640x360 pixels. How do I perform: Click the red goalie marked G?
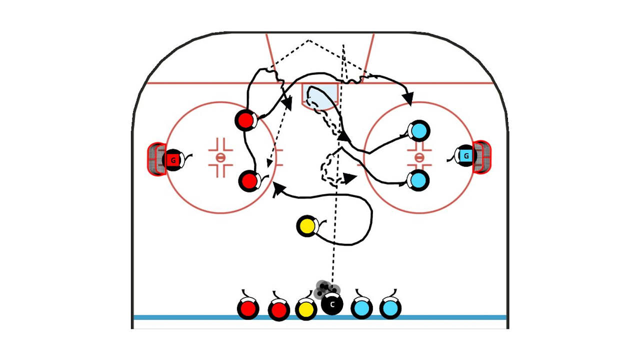click(172, 160)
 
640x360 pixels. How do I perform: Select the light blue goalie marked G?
click(466, 156)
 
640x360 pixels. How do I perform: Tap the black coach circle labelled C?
click(332, 303)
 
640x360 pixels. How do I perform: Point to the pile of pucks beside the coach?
click(327, 288)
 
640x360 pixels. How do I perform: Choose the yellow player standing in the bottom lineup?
click(305, 309)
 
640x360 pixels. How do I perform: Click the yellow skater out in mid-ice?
click(306, 226)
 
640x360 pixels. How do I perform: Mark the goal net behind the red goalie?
click(156, 159)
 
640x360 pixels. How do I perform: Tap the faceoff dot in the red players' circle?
click(220, 157)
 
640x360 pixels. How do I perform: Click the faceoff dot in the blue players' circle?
click(419, 157)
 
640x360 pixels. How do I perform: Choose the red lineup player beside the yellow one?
click(279, 310)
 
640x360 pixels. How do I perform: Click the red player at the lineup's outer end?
click(248, 309)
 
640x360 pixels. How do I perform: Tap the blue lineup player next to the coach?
click(361, 308)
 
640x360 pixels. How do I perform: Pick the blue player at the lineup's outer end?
click(390, 308)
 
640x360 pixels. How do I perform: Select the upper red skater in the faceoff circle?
click(245, 120)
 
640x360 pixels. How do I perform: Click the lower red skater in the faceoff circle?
click(249, 181)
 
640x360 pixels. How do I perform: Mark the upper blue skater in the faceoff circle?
click(419, 131)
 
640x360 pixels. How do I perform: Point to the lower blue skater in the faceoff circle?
click(419, 180)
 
